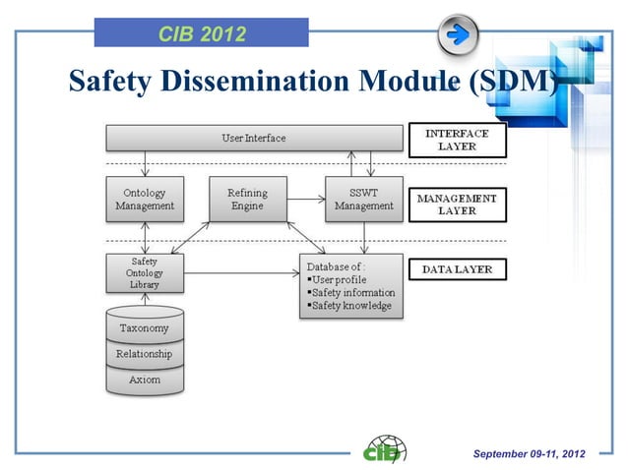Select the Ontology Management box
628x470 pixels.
point(145,200)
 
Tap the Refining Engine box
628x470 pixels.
point(248,200)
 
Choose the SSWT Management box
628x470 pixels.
point(364,200)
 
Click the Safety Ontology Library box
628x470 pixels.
point(145,273)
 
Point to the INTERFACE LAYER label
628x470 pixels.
point(456,140)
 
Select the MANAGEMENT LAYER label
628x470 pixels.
point(456,204)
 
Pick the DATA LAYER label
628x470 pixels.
point(456,268)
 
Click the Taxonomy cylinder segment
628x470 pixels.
point(144,328)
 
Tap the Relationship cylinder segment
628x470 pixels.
point(144,354)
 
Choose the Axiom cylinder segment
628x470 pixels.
point(144,379)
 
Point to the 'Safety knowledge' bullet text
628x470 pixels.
point(351,306)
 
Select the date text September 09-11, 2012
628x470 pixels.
point(529,453)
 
